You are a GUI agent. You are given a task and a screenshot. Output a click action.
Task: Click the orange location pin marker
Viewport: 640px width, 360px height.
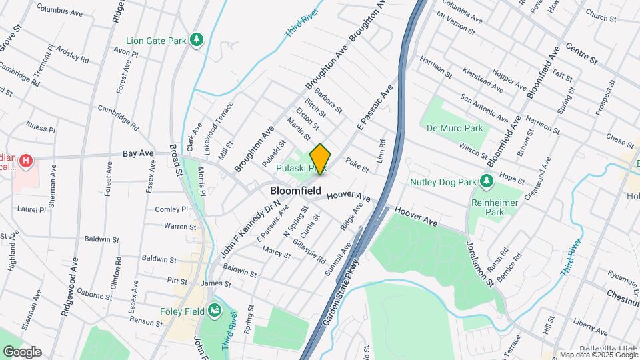pyautogui.click(x=321, y=159)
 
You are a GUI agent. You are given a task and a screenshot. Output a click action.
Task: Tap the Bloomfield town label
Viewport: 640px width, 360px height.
pyautogui.click(x=295, y=191)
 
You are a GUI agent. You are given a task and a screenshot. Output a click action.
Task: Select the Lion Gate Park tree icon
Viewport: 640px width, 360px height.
pyautogui.click(x=197, y=41)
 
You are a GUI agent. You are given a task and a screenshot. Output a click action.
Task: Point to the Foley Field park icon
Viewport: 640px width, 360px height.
pyautogui.click(x=215, y=310)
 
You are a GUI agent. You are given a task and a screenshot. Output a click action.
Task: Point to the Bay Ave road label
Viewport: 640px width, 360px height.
pyautogui.click(x=138, y=153)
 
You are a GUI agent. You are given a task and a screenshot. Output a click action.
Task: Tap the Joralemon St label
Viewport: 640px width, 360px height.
pyautogui.click(x=480, y=263)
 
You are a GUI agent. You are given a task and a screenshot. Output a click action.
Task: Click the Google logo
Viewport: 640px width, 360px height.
pyautogui.click(x=22, y=352)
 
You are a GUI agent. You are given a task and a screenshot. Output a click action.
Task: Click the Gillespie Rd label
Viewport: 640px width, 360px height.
pyautogui.click(x=309, y=250)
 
